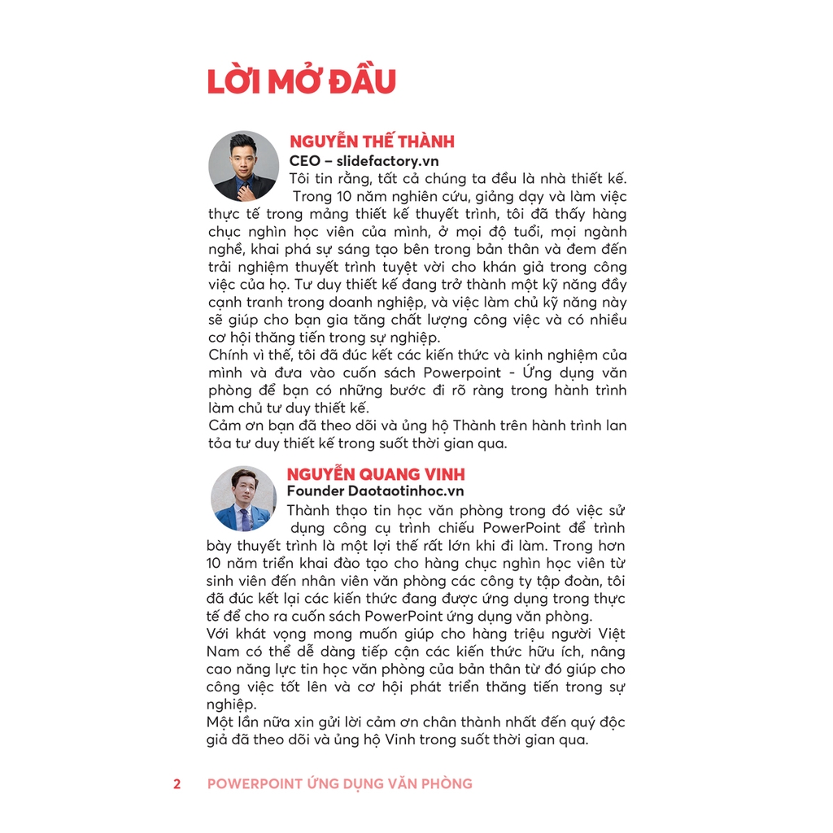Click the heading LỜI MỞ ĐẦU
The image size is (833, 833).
click(301, 83)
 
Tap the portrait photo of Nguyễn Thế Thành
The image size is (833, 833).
click(242, 166)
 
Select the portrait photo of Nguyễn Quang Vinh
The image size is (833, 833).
click(243, 498)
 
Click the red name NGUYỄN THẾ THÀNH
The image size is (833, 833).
click(372, 142)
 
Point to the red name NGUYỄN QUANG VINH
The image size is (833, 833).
click(376, 474)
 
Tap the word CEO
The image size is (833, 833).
click(305, 160)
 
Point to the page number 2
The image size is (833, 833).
click(177, 784)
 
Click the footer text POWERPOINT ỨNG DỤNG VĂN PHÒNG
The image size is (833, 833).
click(339, 784)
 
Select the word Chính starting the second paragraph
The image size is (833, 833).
click(229, 355)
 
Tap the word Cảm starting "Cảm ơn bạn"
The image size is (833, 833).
click(226, 425)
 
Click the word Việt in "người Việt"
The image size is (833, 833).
click(609, 634)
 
